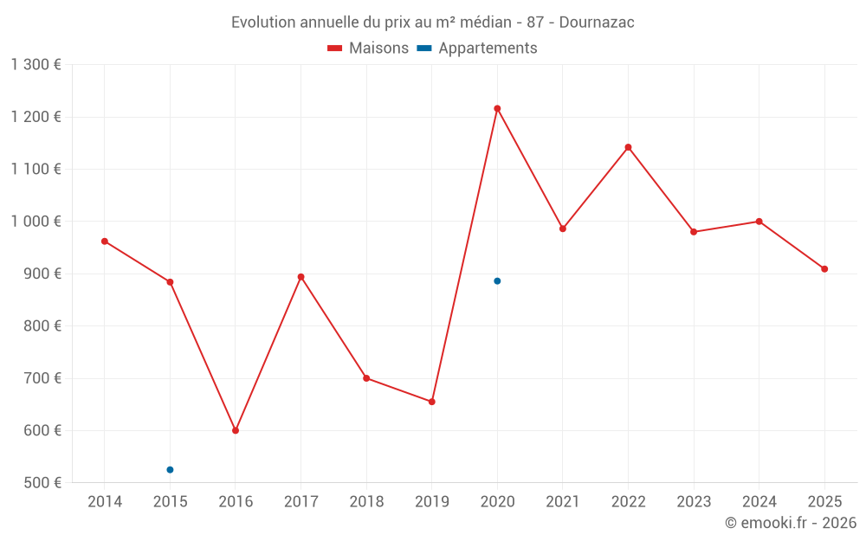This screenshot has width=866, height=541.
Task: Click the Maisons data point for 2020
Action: coord(497,108)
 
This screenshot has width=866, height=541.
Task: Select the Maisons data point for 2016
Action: coord(236,430)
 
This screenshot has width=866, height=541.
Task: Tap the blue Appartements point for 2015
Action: coord(170,470)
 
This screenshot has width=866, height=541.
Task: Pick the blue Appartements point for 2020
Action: coord(497,281)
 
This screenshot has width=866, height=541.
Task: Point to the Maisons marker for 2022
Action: coord(628,147)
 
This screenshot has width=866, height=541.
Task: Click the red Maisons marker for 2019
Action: coord(431,402)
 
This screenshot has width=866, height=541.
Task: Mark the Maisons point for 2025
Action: coord(824,269)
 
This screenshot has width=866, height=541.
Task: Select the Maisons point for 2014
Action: coord(105,242)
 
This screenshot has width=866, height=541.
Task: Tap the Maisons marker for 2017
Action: coord(301,277)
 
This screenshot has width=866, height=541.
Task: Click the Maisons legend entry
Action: coord(368,48)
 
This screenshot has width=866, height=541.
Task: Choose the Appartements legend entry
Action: coord(477,48)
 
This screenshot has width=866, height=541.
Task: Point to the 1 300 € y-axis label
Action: coord(36,65)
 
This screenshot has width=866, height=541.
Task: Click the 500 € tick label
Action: coord(41,482)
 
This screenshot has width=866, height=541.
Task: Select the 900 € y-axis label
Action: coord(41,274)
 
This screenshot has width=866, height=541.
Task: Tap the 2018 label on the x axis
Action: coord(366,502)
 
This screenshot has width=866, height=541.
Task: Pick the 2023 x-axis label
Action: coord(694,502)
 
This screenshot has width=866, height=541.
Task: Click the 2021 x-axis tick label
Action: coord(563,502)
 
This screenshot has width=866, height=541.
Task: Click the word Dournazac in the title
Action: coord(597,23)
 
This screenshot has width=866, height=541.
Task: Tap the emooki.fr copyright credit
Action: coord(791,523)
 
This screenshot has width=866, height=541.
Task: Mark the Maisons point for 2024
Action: coord(759,222)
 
